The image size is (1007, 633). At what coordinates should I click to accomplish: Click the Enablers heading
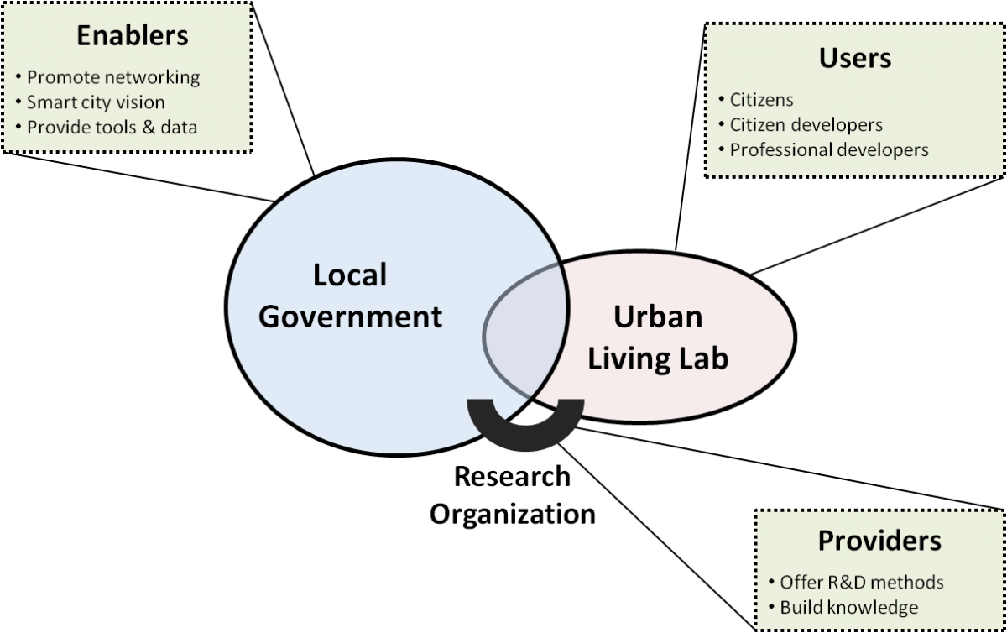[x=133, y=35]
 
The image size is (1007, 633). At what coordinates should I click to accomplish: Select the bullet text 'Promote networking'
[x=113, y=77]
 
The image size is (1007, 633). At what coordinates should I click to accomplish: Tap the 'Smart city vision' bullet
[x=96, y=102]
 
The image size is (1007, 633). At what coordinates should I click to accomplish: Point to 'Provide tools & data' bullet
[x=112, y=128]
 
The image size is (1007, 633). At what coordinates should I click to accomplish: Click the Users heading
[x=855, y=58]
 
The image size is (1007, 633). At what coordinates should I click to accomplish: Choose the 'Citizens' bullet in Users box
[x=762, y=100]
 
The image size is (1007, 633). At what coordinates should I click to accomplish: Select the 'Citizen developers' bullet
[x=806, y=125]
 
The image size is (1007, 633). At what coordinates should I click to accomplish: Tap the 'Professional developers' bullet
[x=829, y=150]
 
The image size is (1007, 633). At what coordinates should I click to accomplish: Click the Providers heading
[x=879, y=541]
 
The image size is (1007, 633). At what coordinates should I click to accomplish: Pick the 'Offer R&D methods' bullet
[x=862, y=582]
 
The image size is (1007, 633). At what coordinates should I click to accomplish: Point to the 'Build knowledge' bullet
[x=849, y=607]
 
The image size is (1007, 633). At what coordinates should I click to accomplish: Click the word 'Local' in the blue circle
[x=350, y=275]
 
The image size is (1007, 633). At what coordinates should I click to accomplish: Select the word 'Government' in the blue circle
[x=350, y=316]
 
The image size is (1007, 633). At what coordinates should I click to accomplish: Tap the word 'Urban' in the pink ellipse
[x=658, y=316]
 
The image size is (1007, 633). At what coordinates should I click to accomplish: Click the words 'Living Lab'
[x=658, y=358]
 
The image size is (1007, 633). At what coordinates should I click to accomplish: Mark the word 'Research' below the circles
[x=512, y=476]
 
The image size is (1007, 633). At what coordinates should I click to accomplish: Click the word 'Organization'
[x=513, y=514]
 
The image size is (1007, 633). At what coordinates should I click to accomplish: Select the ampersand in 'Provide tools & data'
[x=149, y=128]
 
